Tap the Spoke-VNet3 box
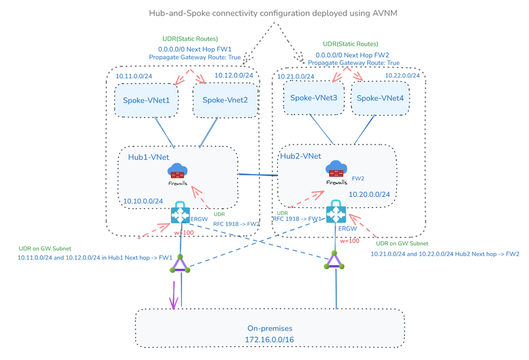(x=314, y=98)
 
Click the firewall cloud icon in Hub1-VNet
(x=177, y=171)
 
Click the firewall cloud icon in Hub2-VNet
(x=336, y=169)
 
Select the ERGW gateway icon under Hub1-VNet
(x=181, y=214)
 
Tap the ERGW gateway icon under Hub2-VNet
(x=336, y=212)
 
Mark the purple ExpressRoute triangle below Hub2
(x=333, y=261)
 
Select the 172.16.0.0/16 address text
(x=270, y=339)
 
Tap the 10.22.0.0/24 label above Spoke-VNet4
(x=402, y=75)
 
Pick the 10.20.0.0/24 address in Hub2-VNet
(x=369, y=193)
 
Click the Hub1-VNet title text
(x=149, y=157)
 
